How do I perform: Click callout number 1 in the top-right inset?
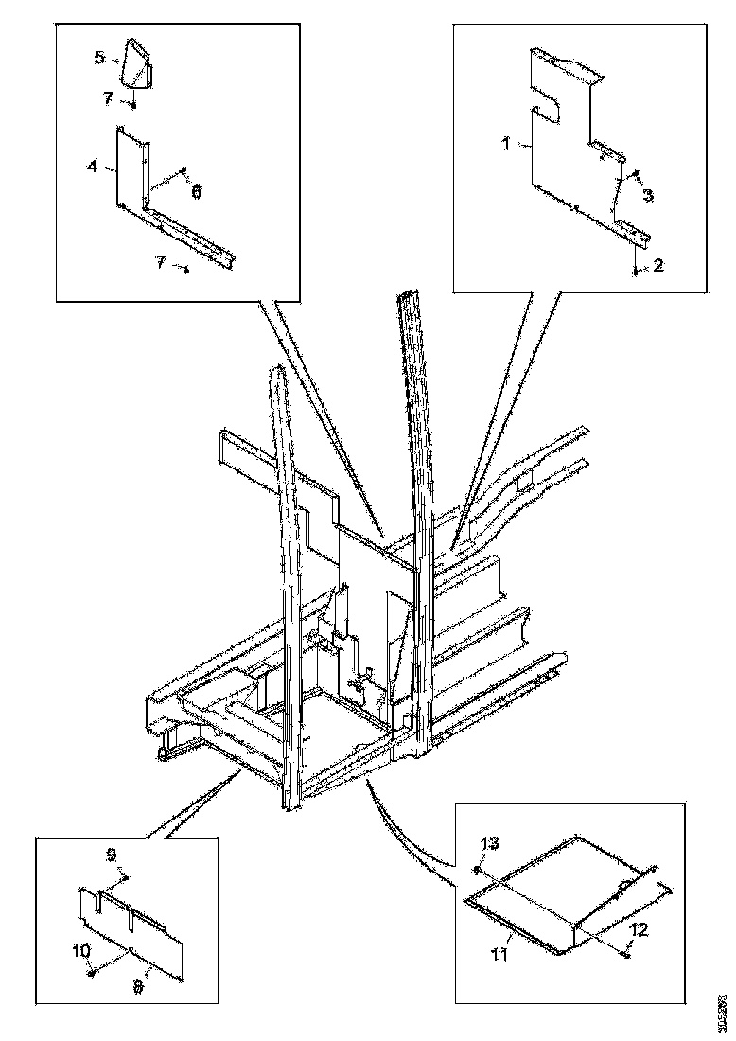(505, 144)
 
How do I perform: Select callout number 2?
(658, 267)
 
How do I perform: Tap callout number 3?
(648, 196)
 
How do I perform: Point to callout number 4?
(92, 167)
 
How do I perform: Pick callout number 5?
(99, 58)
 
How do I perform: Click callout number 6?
(197, 191)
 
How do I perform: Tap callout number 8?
(139, 986)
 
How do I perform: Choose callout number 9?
(111, 855)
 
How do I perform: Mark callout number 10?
(83, 948)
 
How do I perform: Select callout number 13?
(489, 843)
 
